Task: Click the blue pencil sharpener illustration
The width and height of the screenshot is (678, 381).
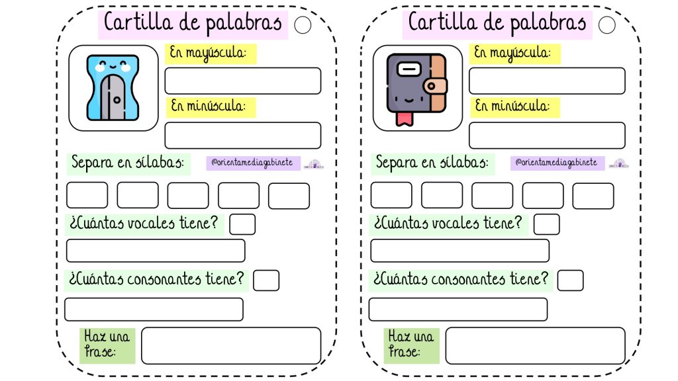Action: pyautogui.click(x=113, y=87)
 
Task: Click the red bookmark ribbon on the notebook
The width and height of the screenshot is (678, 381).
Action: pyautogui.click(x=405, y=119)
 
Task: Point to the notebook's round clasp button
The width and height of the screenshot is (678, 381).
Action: pyautogui.click(x=431, y=86)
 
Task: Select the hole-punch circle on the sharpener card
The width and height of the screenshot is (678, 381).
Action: pyautogui.click(x=303, y=25)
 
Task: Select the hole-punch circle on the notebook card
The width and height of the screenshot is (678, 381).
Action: pyautogui.click(x=607, y=25)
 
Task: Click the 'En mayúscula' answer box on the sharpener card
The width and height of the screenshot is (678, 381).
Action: pyautogui.click(x=242, y=81)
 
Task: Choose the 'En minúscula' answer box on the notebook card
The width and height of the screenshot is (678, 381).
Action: pyautogui.click(x=547, y=135)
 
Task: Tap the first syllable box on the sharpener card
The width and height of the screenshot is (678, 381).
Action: pyautogui.click(x=87, y=195)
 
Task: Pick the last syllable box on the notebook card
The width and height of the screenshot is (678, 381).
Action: pyautogui.click(x=593, y=196)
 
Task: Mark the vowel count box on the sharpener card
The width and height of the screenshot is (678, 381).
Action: pyautogui.click(x=242, y=224)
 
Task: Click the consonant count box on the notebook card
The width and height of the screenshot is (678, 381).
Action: pyautogui.click(x=570, y=280)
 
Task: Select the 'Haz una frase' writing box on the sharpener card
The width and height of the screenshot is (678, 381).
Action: pyautogui.click(x=231, y=345)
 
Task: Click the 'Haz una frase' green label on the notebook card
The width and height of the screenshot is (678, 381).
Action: pyautogui.click(x=411, y=345)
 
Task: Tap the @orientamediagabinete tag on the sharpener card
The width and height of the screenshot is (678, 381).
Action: pyautogui.click(x=253, y=163)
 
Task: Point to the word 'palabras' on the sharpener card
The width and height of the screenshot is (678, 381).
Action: pyautogui.click(x=244, y=23)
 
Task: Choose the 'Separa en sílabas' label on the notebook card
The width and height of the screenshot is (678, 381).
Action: pyautogui.click(x=432, y=163)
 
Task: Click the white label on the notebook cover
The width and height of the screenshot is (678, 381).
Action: pyautogui.click(x=409, y=69)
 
